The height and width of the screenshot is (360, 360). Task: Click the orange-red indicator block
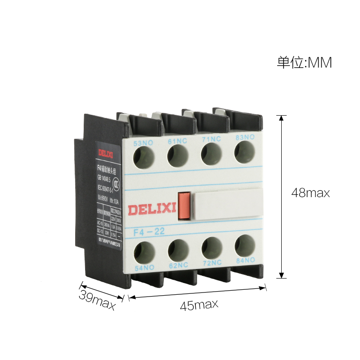184,206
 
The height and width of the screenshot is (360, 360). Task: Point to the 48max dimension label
311,193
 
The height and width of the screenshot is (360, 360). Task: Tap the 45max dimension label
199,305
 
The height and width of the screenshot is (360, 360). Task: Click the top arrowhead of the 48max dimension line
282,118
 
